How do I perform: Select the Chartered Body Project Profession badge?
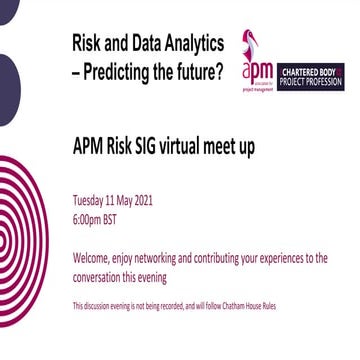tap(311, 76)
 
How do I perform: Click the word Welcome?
tap(94, 257)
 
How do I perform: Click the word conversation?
tap(102, 276)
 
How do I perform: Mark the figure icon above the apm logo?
tap(249, 42)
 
